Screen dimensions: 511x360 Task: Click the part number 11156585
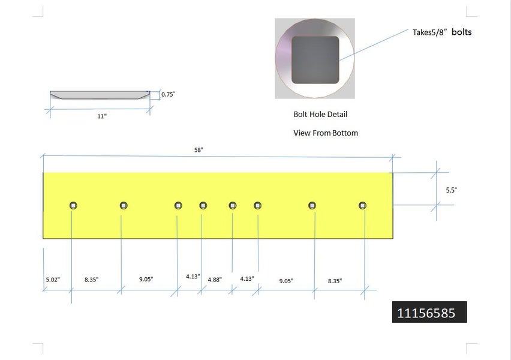pos(426,313)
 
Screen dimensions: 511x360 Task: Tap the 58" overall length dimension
pos(199,150)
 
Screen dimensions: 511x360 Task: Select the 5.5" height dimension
pos(452,190)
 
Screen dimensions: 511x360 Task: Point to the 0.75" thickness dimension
pos(168,94)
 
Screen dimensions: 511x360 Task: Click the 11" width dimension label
pos(102,116)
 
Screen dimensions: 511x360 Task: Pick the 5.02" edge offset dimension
pos(53,280)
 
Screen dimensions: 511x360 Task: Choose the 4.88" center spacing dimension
pos(215,280)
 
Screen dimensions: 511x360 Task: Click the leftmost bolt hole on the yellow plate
pos(73,205)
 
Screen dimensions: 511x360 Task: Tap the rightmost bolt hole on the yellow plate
pos(362,205)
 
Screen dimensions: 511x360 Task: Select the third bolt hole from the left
pos(178,205)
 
